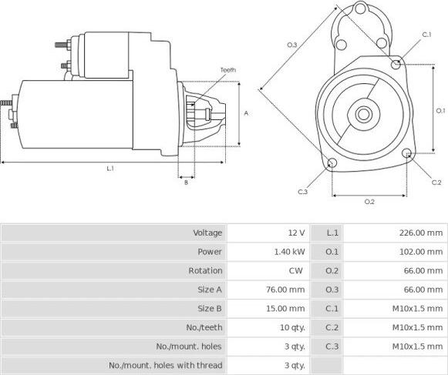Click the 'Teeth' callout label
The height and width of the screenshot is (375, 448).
[x=228, y=70]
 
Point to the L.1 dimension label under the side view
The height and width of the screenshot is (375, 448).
[x=110, y=169]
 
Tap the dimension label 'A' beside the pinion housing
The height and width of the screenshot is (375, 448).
[x=246, y=113]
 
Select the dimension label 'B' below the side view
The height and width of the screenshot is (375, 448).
[x=186, y=182]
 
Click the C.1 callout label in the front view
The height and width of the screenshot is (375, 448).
[x=426, y=35]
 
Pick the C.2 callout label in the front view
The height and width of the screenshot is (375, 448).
[x=436, y=182]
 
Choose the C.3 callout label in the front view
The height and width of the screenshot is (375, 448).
[x=302, y=192]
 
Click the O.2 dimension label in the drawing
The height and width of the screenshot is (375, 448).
[x=369, y=202]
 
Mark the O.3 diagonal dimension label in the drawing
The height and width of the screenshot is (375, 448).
[x=292, y=45]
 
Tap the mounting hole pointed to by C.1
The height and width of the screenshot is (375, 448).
[x=396, y=64]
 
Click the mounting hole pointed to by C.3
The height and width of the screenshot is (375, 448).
[x=332, y=163]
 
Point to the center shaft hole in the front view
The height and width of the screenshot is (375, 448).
[x=363, y=114]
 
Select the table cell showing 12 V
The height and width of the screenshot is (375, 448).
[x=297, y=233]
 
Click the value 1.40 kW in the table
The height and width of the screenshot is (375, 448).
[x=289, y=252]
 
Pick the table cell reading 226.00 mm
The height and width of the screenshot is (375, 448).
[x=421, y=233]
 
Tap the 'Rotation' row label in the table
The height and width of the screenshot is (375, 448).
[x=205, y=270]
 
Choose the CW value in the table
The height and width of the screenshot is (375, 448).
[x=296, y=270]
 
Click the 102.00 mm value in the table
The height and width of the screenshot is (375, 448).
[x=421, y=252]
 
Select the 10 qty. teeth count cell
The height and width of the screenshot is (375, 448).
[x=292, y=327]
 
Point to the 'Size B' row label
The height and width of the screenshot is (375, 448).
[x=210, y=309]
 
